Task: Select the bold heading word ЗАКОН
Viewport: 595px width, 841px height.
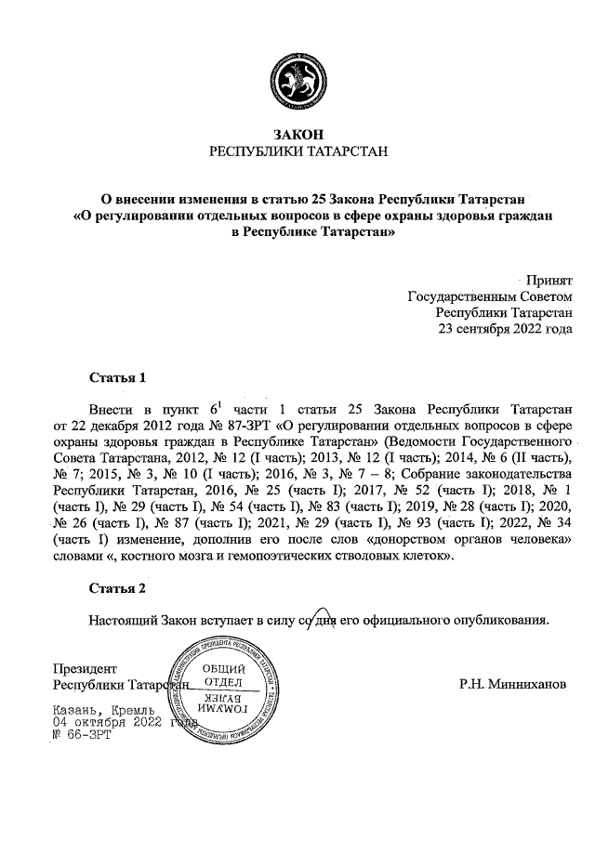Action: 297,134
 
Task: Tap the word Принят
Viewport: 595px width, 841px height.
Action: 549,279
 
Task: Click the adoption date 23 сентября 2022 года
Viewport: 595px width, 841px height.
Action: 506,329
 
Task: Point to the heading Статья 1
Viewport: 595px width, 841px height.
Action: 117,378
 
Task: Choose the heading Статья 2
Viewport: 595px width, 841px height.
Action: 117,588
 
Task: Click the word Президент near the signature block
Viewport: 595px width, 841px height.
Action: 85,668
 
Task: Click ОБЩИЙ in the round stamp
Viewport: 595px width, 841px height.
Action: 223,670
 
